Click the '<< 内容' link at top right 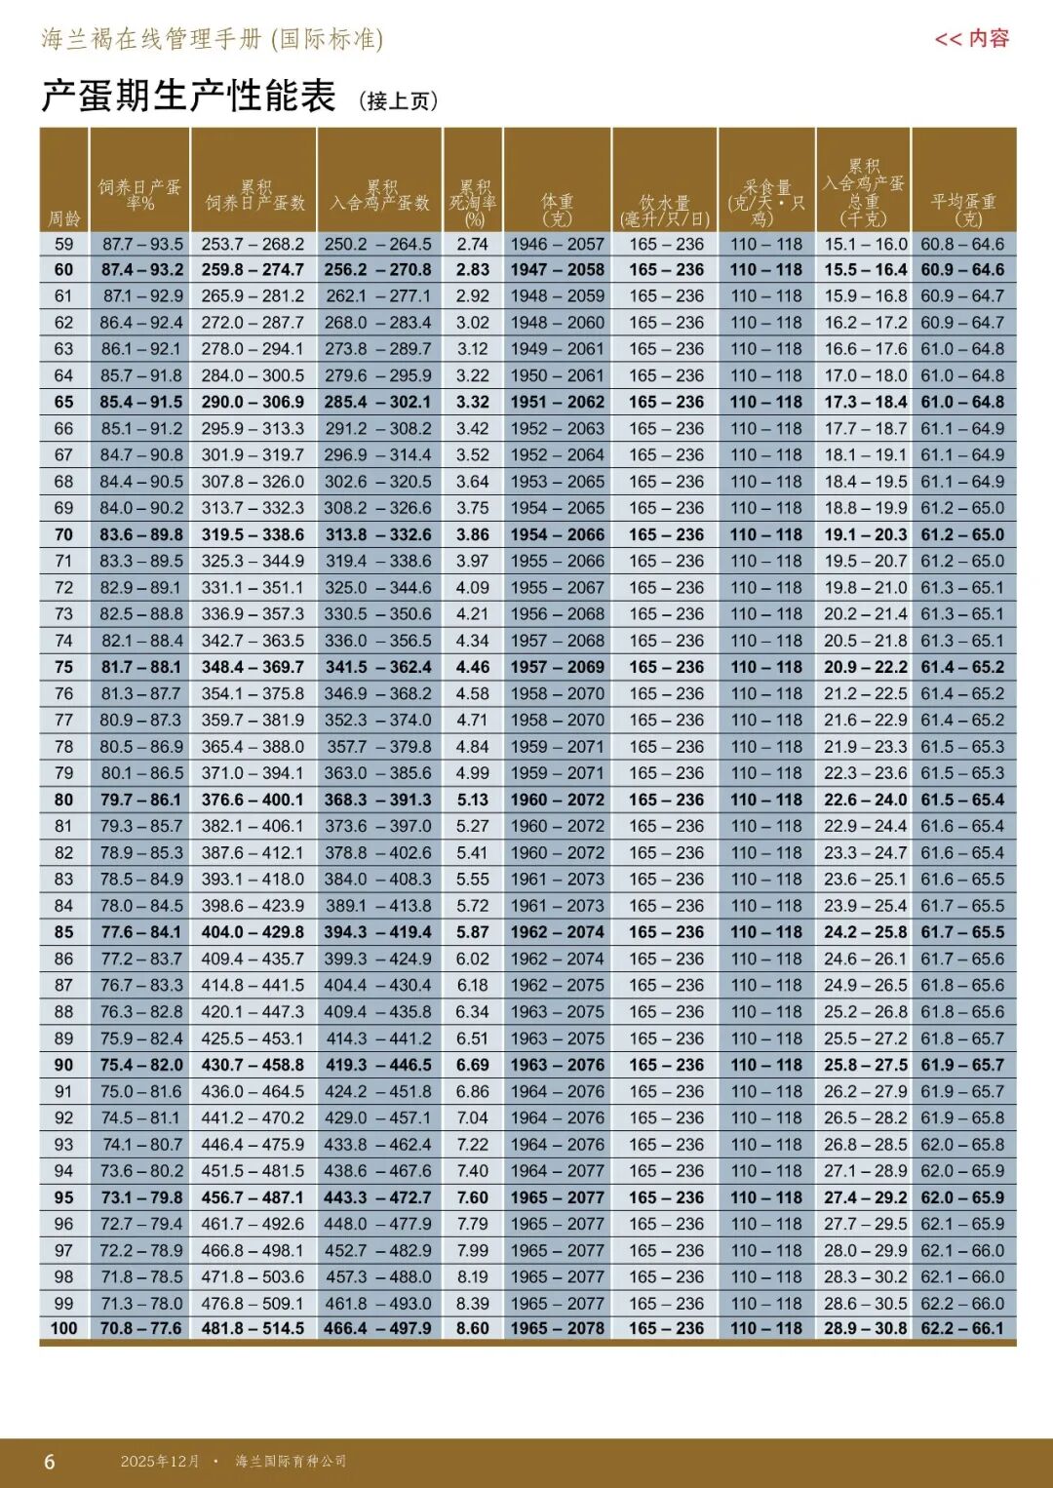pos(971,39)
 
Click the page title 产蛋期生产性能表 pos(188,96)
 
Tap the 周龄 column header pos(64,218)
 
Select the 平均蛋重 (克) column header pos(963,209)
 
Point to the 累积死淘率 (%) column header pos(473,202)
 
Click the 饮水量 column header pos(665,210)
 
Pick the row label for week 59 pos(64,244)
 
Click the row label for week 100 pos(64,1328)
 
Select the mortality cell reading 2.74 pos(473,244)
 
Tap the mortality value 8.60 pos(473,1328)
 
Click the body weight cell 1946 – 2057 pos(558,244)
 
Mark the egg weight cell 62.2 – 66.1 pos(962,1328)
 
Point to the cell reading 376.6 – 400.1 pos(253,800)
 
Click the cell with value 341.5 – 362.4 pos(378,667)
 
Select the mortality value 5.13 pos(473,800)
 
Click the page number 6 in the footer pos(50,1462)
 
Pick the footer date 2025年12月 pos(160,1461)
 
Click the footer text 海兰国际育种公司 pos(291,1461)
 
